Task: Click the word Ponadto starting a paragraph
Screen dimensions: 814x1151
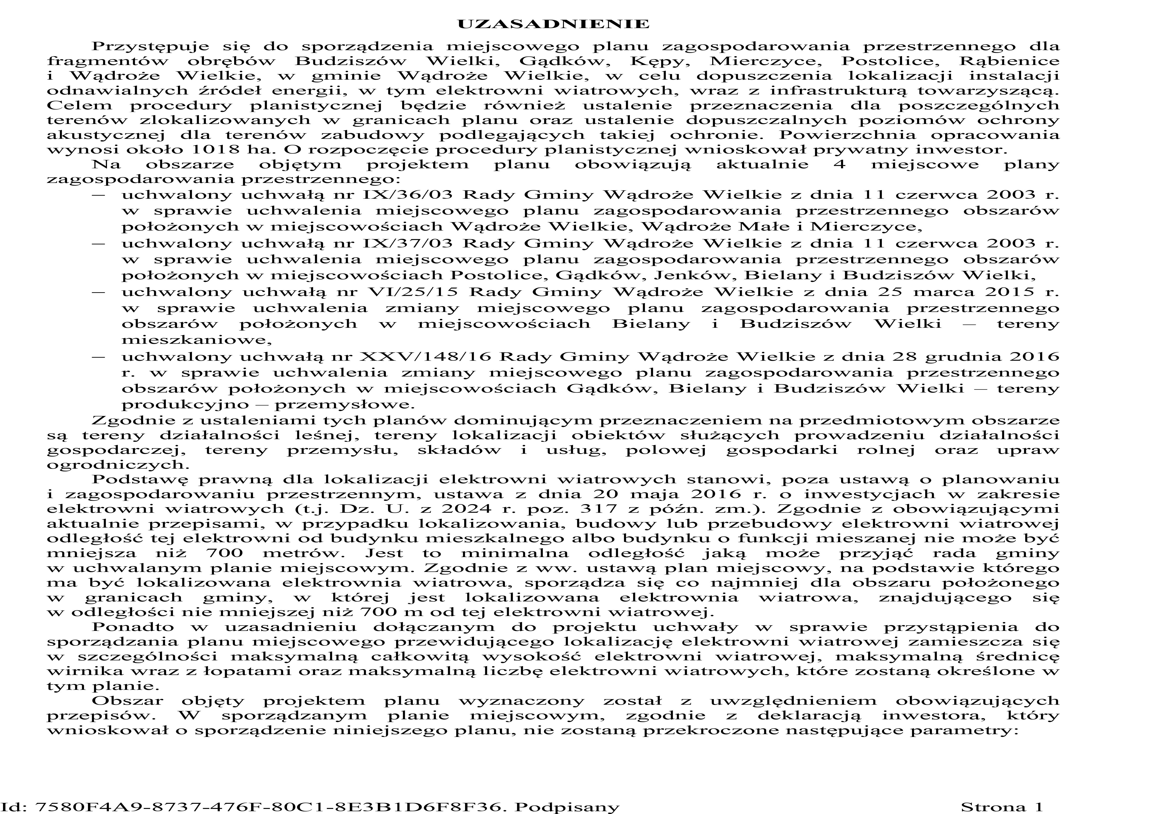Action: pos(133,627)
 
